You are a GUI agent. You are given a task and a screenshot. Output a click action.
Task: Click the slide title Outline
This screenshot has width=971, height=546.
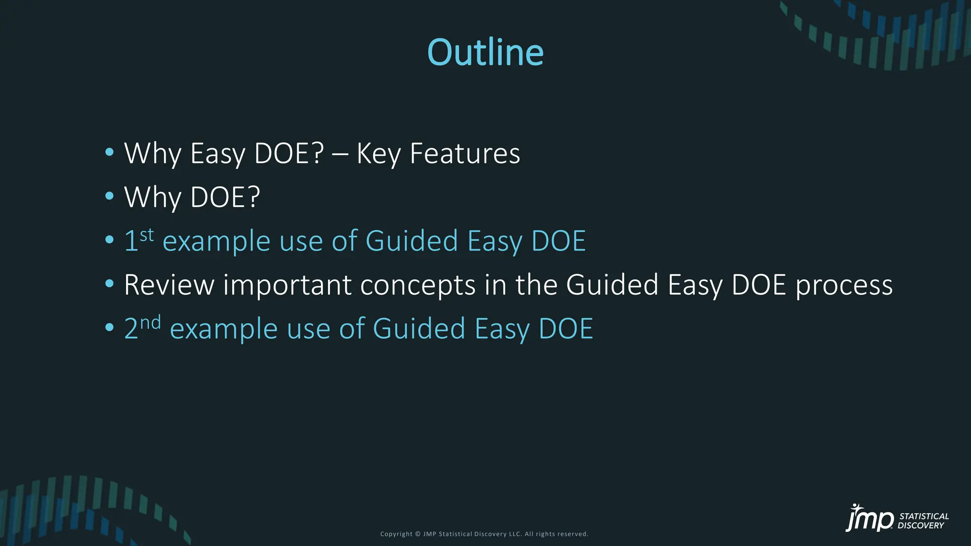point(485,52)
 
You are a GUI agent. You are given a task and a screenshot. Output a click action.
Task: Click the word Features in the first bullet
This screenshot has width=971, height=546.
point(465,154)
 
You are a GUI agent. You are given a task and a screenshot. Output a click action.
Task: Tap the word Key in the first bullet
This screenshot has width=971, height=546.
point(378,155)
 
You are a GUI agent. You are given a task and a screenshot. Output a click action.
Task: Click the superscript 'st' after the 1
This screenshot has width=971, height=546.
point(147,235)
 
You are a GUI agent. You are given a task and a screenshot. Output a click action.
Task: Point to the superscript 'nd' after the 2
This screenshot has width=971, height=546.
point(151,323)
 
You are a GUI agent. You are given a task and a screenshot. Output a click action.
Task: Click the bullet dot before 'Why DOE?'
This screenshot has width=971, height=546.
point(110,196)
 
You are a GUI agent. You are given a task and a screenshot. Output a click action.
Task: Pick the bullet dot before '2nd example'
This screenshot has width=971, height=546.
point(110,328)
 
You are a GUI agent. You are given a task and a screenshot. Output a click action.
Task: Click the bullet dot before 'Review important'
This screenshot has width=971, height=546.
point(110,283)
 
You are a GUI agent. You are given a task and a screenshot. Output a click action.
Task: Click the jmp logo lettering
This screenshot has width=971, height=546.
point(870,519)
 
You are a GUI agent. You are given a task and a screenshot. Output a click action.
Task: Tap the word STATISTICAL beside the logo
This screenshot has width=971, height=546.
point(924,516)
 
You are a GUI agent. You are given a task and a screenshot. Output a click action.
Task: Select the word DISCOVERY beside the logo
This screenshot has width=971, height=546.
point(921,526)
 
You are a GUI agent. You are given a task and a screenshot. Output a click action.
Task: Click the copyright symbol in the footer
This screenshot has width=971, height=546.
point(418,534)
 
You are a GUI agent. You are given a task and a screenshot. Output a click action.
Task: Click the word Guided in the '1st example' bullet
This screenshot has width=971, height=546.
point(412,241)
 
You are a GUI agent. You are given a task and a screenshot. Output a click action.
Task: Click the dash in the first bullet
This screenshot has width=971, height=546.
point(340,155)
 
